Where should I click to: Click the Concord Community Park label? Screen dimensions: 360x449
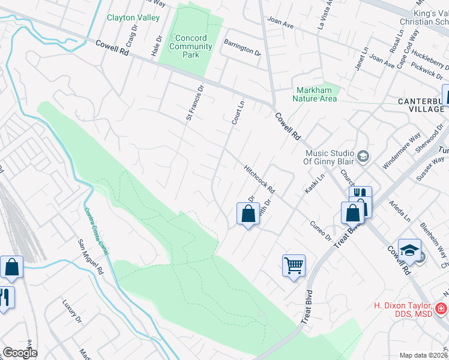click(191, 46)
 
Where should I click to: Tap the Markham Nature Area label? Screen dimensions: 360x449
click(316, 95)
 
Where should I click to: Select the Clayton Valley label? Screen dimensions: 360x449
click(133, 18)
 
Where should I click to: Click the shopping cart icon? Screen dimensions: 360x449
click(294, 265)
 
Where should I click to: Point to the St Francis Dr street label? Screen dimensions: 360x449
click(194, 103)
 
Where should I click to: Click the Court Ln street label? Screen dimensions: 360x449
click(238, 112)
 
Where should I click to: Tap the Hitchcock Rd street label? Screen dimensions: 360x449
click(259, 179)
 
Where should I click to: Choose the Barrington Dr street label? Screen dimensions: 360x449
click(242, 47)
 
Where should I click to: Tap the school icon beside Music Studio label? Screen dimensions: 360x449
click(363, 157)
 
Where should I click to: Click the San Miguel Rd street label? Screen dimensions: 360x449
click(90, 257)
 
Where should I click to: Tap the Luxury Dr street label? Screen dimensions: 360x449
click(71, 312)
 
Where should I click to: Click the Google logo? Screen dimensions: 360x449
click(20, 353)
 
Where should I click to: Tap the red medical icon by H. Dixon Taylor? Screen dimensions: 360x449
click(441, 309)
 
